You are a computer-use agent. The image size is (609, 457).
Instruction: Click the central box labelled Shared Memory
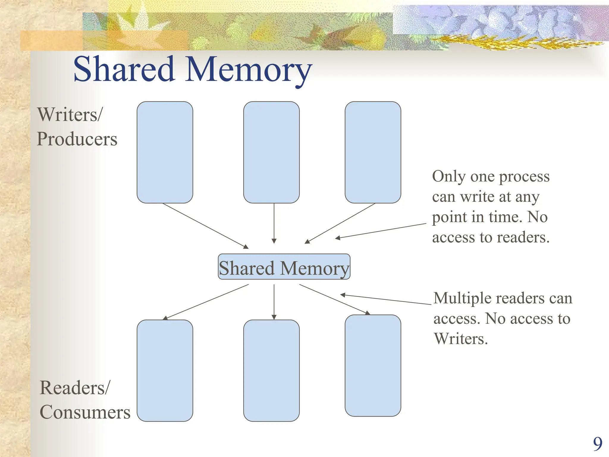284,267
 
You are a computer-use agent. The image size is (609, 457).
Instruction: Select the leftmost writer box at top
165,152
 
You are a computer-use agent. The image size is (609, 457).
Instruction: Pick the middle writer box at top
271,152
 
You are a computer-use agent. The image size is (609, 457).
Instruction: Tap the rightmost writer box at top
373,152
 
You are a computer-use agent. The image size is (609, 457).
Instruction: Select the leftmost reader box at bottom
165,370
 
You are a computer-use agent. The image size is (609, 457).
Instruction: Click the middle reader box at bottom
271,370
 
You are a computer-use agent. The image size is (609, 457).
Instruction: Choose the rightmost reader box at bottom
373,365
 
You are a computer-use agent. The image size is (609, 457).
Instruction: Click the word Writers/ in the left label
70,115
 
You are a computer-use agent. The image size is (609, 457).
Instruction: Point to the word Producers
77,139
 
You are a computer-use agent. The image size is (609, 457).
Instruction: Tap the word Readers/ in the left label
75,388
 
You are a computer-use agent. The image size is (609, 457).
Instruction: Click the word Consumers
85,412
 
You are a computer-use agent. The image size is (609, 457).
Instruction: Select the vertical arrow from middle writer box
274,223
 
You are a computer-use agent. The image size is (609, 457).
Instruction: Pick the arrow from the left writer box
205,226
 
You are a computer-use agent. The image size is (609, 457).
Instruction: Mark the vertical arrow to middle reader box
274,302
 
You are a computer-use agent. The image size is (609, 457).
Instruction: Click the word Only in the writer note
449,176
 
